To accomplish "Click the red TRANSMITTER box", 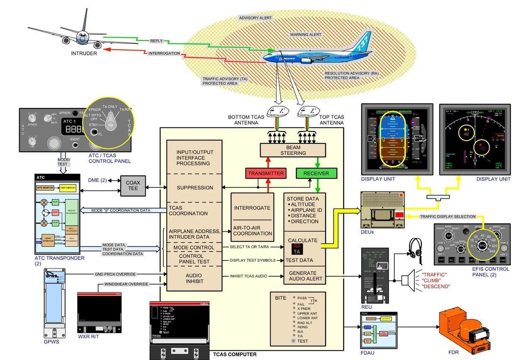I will pyautogui.click(x=266, y=173).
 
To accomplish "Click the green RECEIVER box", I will pyautogui.click(x=316, y=173).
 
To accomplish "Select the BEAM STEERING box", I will pyautogui.click(x=293, y=150).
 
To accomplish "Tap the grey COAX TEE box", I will pyautogui.click(x=133, y=185).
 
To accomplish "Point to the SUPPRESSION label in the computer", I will pyautogui.click(x=195, y=187).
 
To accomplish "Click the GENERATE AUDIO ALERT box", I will pyautogui.click(x=302, y=276).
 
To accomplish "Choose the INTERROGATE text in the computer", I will pyautogui.click(x=252, y=208).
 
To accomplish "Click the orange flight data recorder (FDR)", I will pyautogui.click(x=465, y=332).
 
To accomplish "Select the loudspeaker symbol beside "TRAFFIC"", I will pyautogui.click(x=408, y=280).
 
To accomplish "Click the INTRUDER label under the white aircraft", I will pyautogui.click(x=84, y=54).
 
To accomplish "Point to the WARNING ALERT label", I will pyautogui.click(x=305, y=35).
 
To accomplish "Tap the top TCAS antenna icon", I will pyautogui.click(x=307, y=111).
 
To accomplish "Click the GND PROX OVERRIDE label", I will pyautogui.click(x=115, y=274).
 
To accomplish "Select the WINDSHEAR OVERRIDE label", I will pyautogui.click(x=126, y=284).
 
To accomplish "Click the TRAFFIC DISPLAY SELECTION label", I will pyautogui.click(x=448, y=216).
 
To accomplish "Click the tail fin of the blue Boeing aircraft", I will pyautogui.click(x=362, y=41).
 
